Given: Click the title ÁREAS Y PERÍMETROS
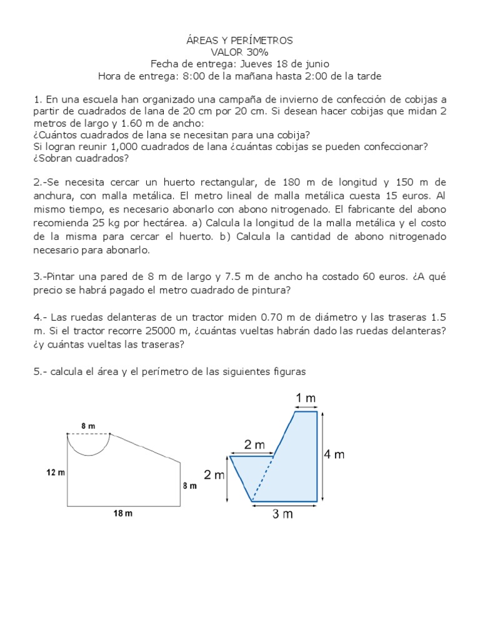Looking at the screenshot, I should (239, 41).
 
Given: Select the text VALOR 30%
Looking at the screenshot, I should (239, 52).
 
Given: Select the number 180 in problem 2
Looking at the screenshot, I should (287, 182).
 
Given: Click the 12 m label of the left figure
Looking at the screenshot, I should (56, 472).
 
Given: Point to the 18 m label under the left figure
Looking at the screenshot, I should (123, 514).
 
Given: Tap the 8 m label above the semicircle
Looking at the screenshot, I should (88, 425).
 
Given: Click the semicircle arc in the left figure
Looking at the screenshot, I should (89, 454).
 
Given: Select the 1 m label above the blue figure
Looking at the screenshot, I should (306, 398).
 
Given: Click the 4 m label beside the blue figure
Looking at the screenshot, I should (334, 455).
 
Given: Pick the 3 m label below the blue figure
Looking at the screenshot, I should (283, 514).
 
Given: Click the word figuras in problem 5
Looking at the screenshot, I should (285, 371).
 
